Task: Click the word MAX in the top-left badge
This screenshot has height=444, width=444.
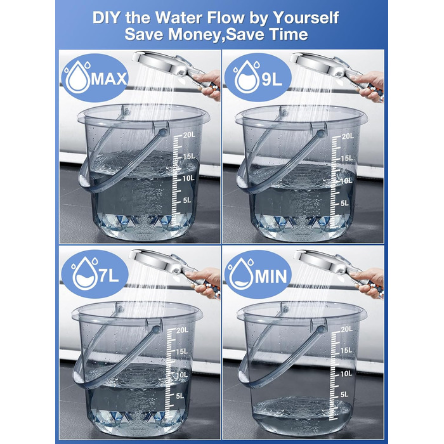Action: pyautogui.click(x=109, y=79)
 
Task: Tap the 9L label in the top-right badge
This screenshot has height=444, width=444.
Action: pyautogui.click(x=272, y=79)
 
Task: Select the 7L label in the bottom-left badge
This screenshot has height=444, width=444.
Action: pyautogui.click(x=109, y=275)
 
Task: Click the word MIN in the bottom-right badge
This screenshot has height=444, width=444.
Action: pyautogui.click(x=271, y=276)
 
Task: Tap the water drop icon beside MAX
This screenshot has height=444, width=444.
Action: pyautogui.click(x=77, y=77)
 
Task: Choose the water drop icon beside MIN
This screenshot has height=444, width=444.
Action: pyautogui.click(x=240, y=273)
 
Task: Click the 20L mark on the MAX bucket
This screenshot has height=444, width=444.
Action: pyautogui.click(x=189, y=134)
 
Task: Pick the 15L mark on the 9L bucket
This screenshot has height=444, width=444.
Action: pyautogui.click(x=347, y=158)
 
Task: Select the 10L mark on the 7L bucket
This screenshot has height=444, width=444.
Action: pyautogui.click(x=182, y=374)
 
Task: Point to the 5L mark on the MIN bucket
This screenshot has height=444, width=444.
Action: pyautogui.click(x=344, y=394)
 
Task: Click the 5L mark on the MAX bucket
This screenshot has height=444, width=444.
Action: pyautogui.click(x=187, y=200)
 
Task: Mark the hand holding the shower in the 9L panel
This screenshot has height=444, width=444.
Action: pyautogui.click(x=369, y=85)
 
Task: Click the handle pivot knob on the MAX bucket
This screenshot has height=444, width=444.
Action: pyautogui.click(x=164, y=132)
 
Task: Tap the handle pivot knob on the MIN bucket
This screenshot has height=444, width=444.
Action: pyautogui.click(x=321, y=330)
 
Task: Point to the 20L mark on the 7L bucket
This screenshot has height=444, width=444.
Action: pyautogui.click(x=183, y=330)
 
